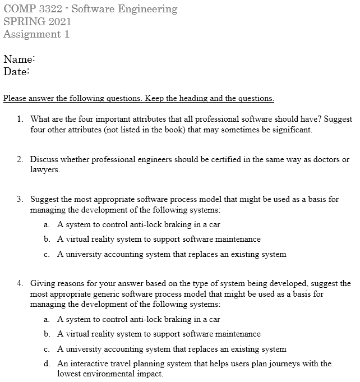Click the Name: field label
[20, 59]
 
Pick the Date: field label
[16, 71]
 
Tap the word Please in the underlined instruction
[16, 99]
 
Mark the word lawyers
[45, 169]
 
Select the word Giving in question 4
[43, 283]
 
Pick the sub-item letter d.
[47, 363]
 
